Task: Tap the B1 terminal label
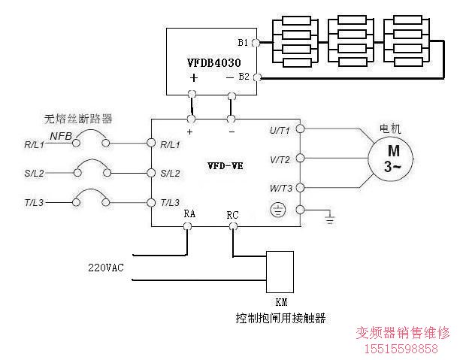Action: (x=243, y=42)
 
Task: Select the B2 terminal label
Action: (x=244, y=76)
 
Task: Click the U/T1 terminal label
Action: (x=280, y=131)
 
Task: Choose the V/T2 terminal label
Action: (x=280, y=159)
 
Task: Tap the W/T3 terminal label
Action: (x=280, y=187)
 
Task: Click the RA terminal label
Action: (x=189, y=214)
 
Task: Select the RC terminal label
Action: (x=232, y=215)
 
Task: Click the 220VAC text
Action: (x=107, y=267)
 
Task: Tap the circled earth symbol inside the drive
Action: (x=277, y=210)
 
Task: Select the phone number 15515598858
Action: (x=406, y=349)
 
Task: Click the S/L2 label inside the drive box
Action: (x=170, y=174)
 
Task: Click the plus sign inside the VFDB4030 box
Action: (x=195, y=77)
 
